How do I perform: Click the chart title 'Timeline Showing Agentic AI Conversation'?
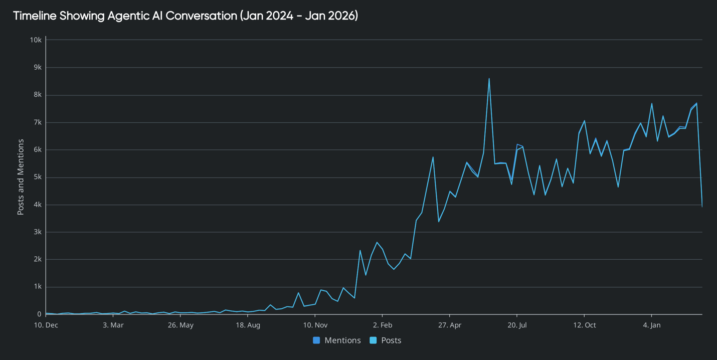[x=186, y=16]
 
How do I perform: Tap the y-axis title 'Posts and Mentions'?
[x=21, y=177]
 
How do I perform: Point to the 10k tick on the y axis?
[x=35, y=40]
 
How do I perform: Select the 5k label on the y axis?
[x=37, y=177]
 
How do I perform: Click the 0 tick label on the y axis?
[x=39, y=314]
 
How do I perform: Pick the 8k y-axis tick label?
[x=37, y=95]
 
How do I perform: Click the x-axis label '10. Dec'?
[x=46, y=325]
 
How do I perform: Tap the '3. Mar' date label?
[x=113, y=325]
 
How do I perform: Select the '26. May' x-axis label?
[x=181, y=325]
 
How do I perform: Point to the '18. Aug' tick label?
[x=248, y=325]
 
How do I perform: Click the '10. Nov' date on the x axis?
[x=315, y=325]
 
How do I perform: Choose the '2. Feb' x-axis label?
[x=383, y=325]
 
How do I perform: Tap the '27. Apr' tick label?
[x=450, y=325]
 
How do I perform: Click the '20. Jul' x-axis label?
[x=517, y=325]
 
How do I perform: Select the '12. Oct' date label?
[x=584, y=325]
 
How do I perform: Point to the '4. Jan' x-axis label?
[x=651, y=325]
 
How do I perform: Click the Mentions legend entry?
[x=337, y=340]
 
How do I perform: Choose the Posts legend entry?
[x=386, y=340]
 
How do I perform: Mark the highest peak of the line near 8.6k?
[x=489, y=79]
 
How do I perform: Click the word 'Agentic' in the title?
[x=134, y=16]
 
